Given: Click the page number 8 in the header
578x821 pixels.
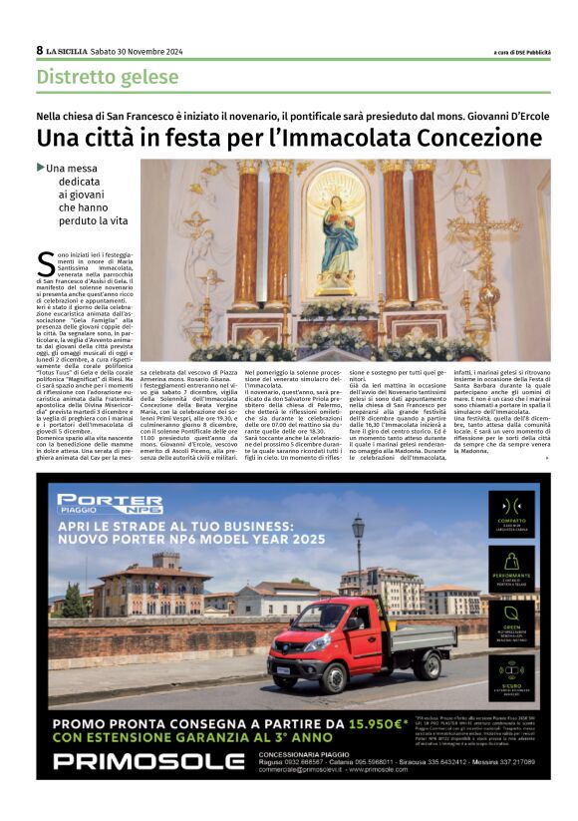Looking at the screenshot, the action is (x=40, y=51).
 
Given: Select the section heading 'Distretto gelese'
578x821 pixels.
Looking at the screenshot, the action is (x=108, y=77).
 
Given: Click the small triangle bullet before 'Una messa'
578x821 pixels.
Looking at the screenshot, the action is (x=40, y=168).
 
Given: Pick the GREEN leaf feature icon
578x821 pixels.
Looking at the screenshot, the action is (x=511, y=615).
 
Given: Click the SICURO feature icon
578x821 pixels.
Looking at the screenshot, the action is (x=511, y=670).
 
